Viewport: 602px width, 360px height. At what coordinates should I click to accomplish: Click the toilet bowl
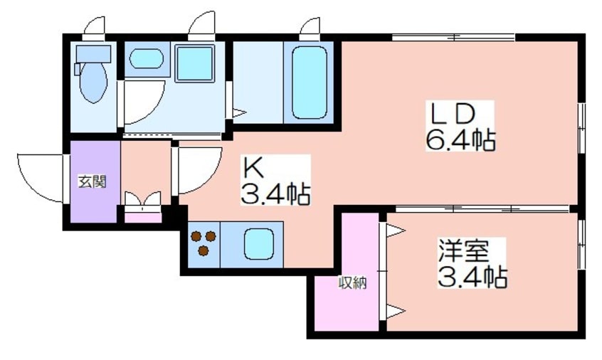[93, 83]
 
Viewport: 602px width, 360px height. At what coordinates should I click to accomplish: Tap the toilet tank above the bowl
[94, 53]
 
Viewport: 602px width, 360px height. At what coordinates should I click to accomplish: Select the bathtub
[308, 82]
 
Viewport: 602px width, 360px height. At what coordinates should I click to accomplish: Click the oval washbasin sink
[147, 58]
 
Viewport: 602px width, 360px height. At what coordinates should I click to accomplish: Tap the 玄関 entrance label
[93, 181]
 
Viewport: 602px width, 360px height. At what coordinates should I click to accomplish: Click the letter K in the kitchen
[254, 168]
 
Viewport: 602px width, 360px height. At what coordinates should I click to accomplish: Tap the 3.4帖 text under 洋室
[471, 276]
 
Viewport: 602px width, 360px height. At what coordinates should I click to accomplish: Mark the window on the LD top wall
[453, 38]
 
